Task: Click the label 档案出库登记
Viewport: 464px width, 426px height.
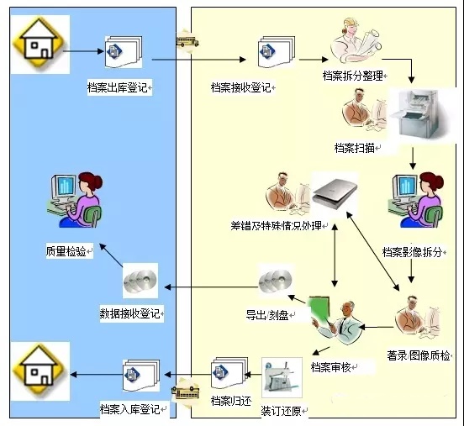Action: click(117, 87)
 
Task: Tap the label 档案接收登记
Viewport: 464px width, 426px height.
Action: click(241, 87)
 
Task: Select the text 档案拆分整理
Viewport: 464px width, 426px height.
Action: click(353, 76)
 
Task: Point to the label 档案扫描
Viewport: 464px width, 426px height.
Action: click(355, 148)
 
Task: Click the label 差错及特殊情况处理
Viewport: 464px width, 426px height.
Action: click(276, 226)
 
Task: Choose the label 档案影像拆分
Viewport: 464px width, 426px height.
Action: click(412, 252)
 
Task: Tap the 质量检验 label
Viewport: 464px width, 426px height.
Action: click(66, 251)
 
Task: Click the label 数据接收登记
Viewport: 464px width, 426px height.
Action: click(130, 313)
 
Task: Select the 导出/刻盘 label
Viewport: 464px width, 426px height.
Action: click(267, 315)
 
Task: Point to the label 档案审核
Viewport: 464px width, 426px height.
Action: click(331, 367)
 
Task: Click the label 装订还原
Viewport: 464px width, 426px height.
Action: click(281, 411)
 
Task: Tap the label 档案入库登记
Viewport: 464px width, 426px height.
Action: click(130, 409)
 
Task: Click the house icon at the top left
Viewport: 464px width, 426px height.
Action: click(40, 44)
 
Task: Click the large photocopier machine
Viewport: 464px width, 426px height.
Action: click(419, 115)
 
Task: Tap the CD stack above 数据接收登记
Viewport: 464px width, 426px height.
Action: click(140, 281)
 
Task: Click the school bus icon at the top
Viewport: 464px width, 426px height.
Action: click(187, 41)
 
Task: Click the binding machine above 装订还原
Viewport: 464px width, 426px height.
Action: click(282, 377)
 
